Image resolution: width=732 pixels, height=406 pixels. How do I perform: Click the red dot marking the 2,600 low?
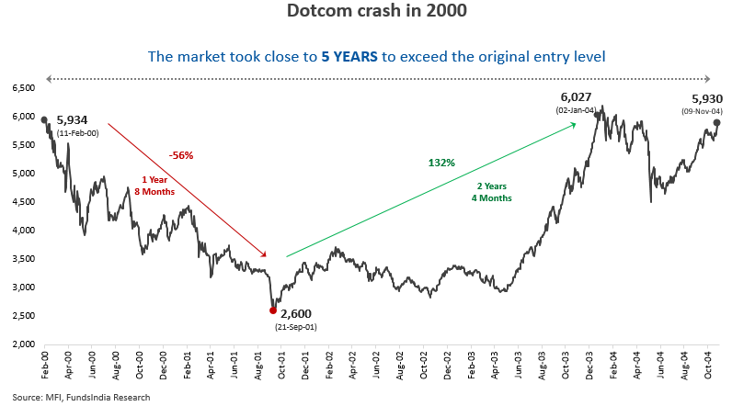coord(273,310)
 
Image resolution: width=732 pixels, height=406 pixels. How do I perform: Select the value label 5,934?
coord(74,120)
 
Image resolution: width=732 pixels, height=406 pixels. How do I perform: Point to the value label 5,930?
coord(694,98)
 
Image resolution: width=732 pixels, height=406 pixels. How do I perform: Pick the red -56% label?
coord(180,155)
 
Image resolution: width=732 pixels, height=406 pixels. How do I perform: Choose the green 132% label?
coord(441,163)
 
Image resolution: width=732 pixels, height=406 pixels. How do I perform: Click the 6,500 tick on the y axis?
coord(23,88)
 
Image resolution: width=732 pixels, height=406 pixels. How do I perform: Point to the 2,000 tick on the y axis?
coord(23,344)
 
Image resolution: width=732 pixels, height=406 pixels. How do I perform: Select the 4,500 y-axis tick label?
coord(23,202)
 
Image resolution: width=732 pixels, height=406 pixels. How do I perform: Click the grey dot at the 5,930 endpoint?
coord(715,122)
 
